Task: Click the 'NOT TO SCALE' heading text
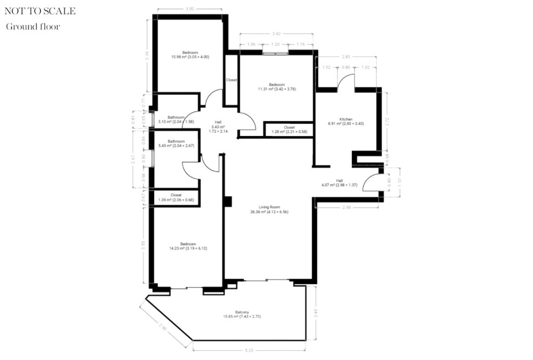point(40,11)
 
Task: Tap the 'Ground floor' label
point(33,27)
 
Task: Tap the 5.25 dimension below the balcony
point(250,351)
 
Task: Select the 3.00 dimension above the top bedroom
point(190,9)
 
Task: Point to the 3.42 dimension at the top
point(276,34)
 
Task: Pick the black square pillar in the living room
point(227,202)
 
